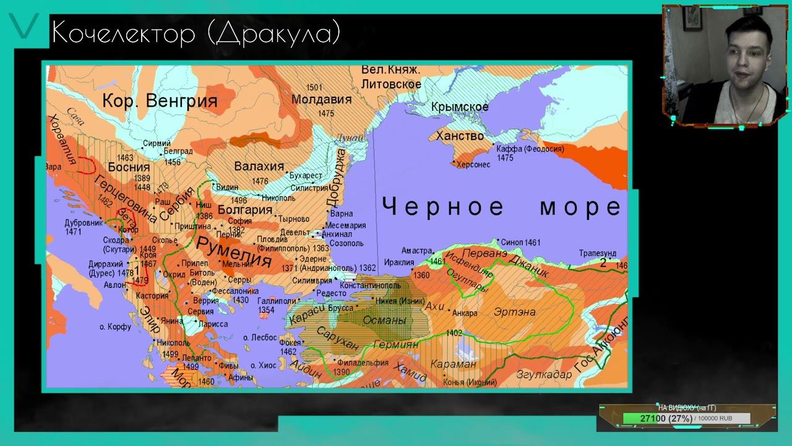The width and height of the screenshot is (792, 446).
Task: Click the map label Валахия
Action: (259, 166)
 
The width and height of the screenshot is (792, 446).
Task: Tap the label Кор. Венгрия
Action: (160, 101)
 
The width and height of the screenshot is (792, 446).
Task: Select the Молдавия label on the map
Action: (321, 99)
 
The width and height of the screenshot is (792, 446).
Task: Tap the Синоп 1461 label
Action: (520, 242)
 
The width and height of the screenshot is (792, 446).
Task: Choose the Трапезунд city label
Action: (598, 253)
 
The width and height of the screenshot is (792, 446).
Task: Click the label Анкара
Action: (465, 313)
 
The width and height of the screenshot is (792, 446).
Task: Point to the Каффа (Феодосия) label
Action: (530, 149)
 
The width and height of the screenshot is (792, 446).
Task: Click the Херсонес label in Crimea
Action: (473, 165)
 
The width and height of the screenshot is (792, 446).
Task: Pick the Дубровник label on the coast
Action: (84, 222)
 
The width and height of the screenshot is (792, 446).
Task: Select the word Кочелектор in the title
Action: (124, 33)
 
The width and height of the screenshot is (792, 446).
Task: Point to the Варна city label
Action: (342, 214)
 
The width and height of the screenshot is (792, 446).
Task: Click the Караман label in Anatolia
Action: (453, 364)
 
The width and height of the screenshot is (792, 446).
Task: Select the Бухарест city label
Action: (307, 176)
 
